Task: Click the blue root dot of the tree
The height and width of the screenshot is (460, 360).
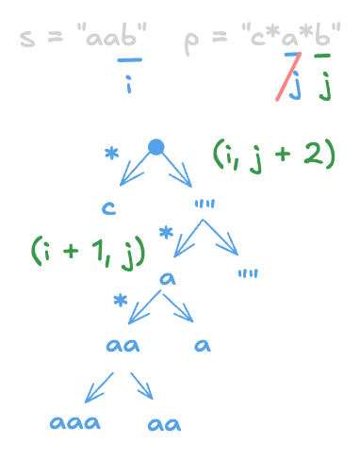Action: [156, 147]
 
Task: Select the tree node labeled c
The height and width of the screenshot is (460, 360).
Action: [110, 207]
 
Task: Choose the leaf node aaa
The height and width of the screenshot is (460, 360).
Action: [76, 423]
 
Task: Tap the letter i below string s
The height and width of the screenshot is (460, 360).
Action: [129, 88]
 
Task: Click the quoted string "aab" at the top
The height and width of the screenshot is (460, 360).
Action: [114, 41]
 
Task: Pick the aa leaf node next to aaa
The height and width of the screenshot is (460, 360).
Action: [164, 424]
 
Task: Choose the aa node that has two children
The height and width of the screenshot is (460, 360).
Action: [123, 345]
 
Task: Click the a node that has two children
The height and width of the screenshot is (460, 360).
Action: [169, 279]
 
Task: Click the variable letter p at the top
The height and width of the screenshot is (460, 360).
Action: [192, 43]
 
